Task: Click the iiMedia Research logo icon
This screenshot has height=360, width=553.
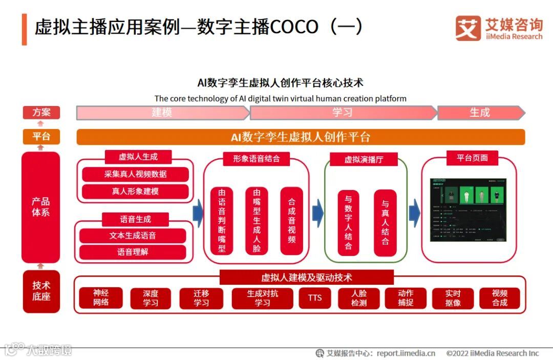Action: (468, 28)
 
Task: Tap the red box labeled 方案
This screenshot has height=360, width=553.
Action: (41, 113)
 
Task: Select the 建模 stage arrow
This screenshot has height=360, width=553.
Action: (162, 113)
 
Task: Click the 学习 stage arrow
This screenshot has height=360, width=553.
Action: (343, 113)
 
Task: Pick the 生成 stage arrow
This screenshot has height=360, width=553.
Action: (480, 113)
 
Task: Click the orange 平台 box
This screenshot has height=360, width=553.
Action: (41, 137)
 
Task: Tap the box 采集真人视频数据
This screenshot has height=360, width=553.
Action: (135, 174)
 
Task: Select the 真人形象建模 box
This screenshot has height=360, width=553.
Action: (135, 192)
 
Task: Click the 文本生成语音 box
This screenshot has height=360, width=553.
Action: (133, 236)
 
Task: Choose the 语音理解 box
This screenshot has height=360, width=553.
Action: (133, 252)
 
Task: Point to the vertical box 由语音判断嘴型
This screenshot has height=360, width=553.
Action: (222, 221)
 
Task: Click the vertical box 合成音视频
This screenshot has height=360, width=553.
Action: (291, 221)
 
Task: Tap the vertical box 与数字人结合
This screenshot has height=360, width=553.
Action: (348, 223)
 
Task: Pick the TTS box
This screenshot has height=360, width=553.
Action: (315, 298)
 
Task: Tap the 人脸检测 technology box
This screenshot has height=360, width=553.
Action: (359, 298)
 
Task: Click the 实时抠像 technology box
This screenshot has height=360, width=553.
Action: (453, 298)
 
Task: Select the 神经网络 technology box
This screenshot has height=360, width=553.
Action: (101, 298)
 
